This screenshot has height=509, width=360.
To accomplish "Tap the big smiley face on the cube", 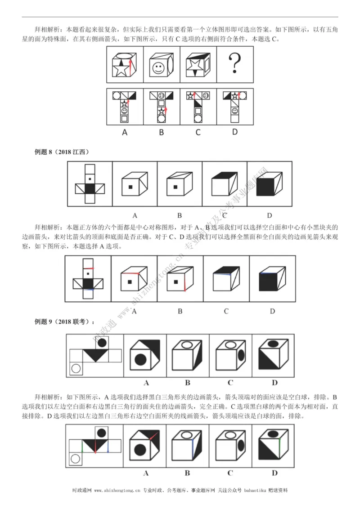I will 158,68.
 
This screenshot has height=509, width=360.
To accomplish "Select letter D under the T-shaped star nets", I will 234,132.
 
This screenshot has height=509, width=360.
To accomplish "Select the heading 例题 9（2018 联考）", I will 64,322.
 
